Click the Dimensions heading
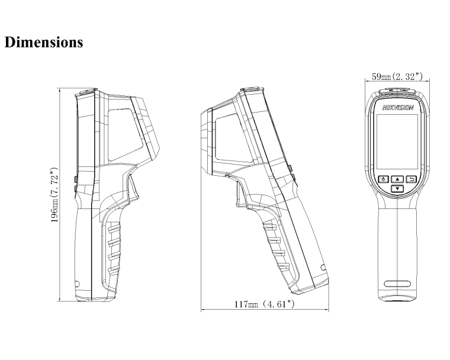click(x=44, y=42)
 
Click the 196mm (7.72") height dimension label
click(x=54, y=195)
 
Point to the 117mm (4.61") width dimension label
click(x=264, y=304)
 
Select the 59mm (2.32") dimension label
click(x=397, y=76)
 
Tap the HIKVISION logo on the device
click(x=398, y=108)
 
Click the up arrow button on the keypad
click(x=397, y=179)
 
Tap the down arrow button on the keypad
click(x=397, y=189)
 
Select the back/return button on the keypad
click(x=412, y=179)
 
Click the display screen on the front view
click(x=397, y=142)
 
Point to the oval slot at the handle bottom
click(x=397, y=284)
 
